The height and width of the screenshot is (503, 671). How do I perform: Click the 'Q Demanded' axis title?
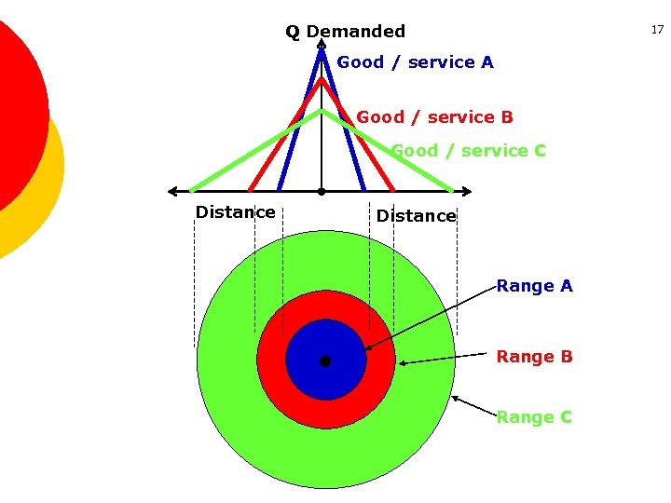[346, 32]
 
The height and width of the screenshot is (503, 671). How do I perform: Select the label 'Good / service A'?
[415, 62]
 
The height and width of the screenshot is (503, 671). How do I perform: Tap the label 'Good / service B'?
[434, 117]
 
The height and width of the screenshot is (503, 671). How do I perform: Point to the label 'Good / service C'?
[469, 151]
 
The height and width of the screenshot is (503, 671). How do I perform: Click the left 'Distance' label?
[235, 212]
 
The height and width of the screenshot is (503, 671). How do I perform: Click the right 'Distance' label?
[416, 216]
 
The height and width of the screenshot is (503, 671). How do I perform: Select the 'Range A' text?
[534, 286]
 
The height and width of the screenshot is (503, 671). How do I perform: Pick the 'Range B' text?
[534, 357]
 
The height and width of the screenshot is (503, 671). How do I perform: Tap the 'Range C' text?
[534, 417]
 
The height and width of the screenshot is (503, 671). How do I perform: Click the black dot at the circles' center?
[325, 360]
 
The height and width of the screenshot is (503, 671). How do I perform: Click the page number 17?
[657, 30]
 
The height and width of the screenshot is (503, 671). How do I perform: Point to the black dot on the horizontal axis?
[321, 192]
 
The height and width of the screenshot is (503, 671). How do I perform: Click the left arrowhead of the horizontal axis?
[171, 192]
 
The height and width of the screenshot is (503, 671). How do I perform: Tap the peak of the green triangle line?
[321, 111]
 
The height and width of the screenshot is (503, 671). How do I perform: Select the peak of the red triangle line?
[321, 79]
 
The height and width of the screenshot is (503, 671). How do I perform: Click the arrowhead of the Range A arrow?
[366, 350]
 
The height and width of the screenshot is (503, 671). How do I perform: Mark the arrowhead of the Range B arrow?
[400, 363]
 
